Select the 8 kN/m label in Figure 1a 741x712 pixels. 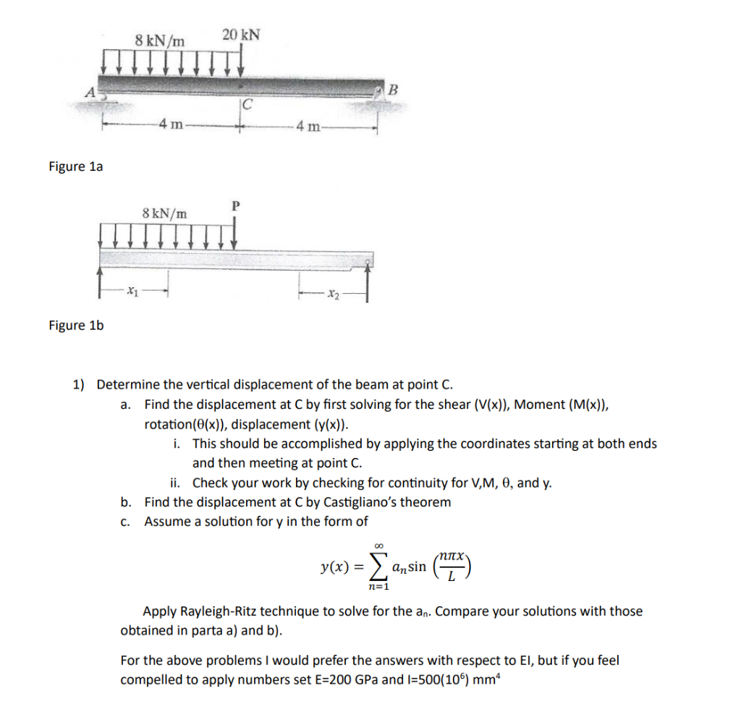click(x=159, y=39)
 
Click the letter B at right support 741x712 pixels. click(x=394, y=90)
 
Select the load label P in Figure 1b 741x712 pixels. click(x=234, y=205)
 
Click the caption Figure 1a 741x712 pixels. click(x=76, y=166)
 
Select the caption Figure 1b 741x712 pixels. click(x=76, y=325)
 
